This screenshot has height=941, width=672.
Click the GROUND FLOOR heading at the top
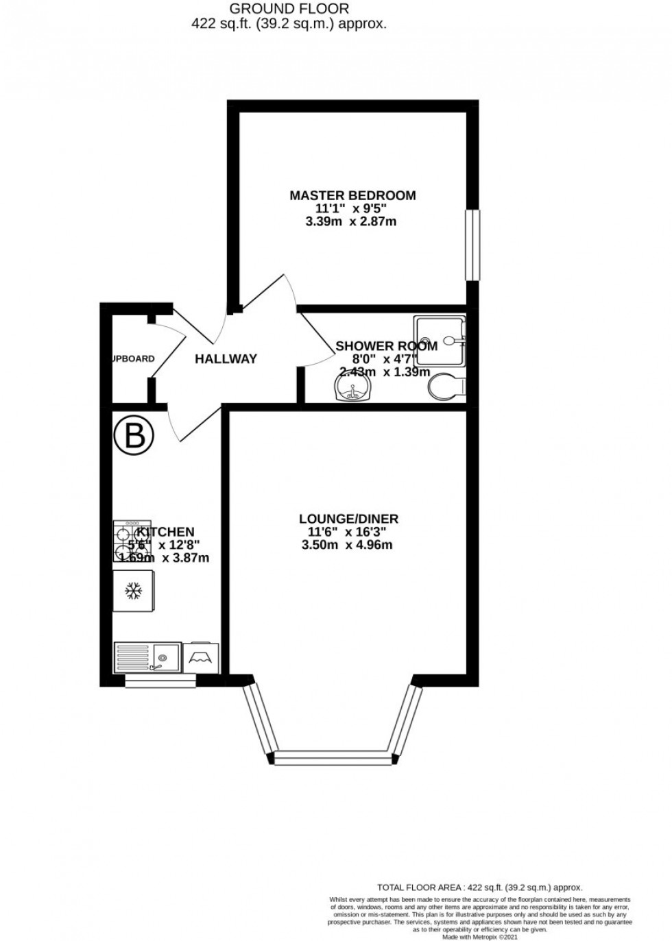(289, 9)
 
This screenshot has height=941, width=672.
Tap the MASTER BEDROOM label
(352, 195)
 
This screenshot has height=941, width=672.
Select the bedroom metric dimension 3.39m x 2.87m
(352, 221)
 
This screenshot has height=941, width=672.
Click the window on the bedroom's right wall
(472, 245)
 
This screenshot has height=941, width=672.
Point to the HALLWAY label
(226, 358)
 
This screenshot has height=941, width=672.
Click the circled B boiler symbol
(134, 437)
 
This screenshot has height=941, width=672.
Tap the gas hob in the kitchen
(130, 541)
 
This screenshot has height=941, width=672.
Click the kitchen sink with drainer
(147, 657)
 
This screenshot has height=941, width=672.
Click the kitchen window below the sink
(160, 681)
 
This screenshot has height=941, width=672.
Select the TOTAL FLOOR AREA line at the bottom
(479, 886)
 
